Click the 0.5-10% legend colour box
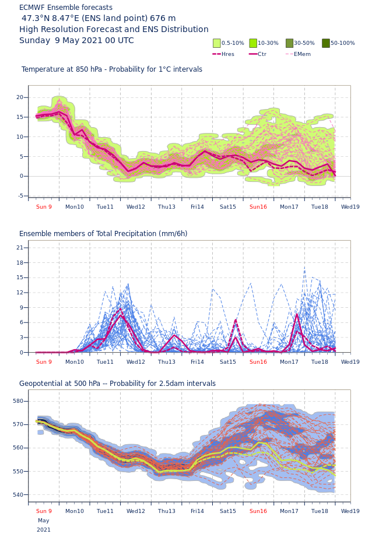point(217,43)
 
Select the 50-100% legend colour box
point(326,43)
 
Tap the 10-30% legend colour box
point(253,43)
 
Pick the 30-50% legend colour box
point(290,43)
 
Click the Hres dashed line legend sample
point(216,54)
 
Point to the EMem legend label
point(302,54)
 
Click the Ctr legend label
point(262,54)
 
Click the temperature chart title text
point(112,69)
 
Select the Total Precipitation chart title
point(103,234)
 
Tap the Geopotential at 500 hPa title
point(117,384)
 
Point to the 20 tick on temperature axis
point(20,97)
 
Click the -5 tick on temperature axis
point(19,196)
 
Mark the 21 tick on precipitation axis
point(20,248)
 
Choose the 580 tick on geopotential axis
point(17,401)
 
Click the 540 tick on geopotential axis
point(17,495)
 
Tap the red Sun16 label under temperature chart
point(258,207)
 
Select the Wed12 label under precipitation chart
point(136,362)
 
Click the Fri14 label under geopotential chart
point(197,511)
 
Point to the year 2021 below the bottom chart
point(44,530)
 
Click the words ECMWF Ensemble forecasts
point(66,8)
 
